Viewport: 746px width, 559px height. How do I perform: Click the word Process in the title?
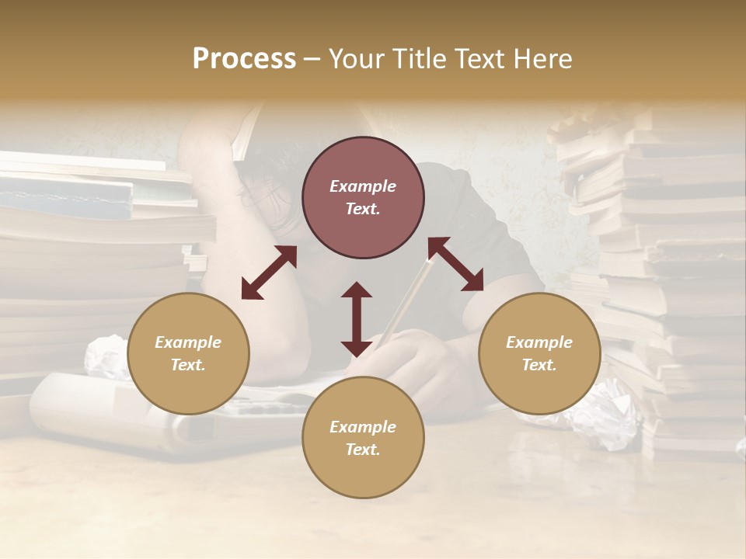(x=244, y=59)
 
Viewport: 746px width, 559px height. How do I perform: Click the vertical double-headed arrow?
(x=357, y=319)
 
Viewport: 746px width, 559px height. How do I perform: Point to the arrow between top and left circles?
(x=269, y=273)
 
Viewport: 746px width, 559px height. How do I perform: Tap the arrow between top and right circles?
(x=456, y=264)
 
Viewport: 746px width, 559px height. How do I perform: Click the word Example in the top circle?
(x=363, y=186)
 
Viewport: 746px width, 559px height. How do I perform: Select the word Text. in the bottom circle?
(x=363, y=450)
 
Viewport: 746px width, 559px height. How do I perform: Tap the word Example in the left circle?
(x=188, y=342)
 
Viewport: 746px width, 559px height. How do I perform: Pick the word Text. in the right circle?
(x=539, y=365)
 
